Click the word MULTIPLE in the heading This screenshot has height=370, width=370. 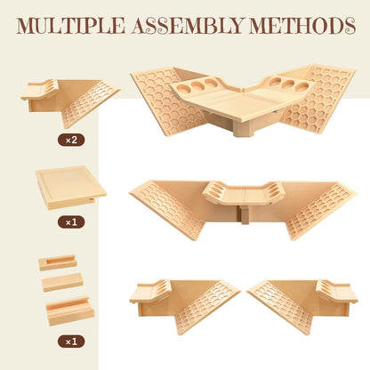70,26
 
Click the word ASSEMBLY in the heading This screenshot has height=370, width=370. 188,26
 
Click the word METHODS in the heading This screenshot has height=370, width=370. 302,26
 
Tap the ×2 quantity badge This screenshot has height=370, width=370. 71,140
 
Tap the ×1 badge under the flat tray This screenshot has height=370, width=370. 71,222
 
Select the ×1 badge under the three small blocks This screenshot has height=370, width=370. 71,342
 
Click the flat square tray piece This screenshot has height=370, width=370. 71,188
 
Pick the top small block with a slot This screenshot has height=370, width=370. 58,262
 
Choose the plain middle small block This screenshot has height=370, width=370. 62,282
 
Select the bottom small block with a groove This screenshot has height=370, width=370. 70,310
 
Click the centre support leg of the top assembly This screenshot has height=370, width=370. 243,128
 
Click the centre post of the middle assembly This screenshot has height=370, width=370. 245,214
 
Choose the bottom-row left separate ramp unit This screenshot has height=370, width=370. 184,306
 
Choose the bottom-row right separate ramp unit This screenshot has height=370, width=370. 302,306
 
